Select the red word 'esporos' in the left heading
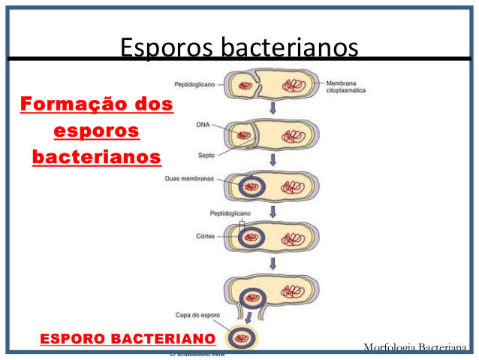(97, 130)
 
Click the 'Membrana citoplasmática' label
(348, 87)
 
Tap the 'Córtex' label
(205, 237)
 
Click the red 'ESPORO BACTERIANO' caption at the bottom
(128, 339)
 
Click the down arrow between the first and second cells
(273, 110)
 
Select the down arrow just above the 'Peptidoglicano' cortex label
(273, 211)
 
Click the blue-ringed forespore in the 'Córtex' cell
(251, 238)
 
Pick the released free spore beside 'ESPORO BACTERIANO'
(242, 338)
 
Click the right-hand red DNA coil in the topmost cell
(293, 86)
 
